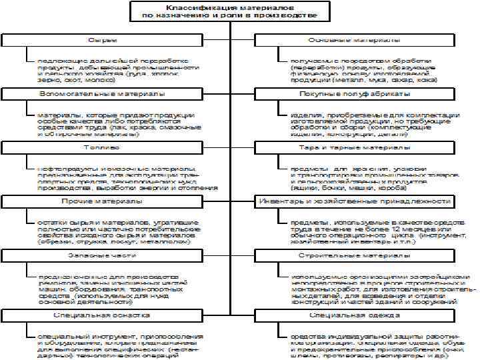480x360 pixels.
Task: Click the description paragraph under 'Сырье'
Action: tap(117, 67)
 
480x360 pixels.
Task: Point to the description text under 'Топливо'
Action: tap(127, 177)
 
